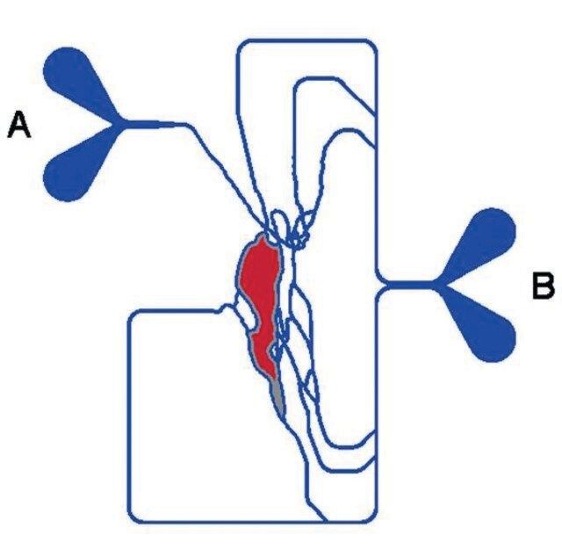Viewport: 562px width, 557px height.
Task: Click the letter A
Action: click(x=19, y=125)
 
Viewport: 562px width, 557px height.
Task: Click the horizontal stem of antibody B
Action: click(x=408, y=286)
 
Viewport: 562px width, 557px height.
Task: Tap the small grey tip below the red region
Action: click(x=277, y=394)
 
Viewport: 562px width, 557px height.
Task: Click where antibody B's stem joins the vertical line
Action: click(x=379, y=286)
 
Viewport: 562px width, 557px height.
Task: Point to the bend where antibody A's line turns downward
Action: click(x=187, y=126)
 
